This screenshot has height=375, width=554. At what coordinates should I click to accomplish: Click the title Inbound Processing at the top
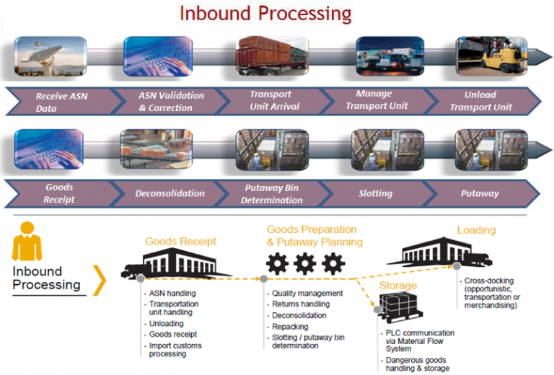pos(265,13)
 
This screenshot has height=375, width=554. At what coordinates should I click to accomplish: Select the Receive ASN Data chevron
pos(61,102)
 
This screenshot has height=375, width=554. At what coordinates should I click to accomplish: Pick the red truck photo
pos(272,56)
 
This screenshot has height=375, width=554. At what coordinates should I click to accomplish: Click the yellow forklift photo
pos(491,56)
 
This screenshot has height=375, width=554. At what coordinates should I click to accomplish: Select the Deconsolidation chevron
pos(170,193)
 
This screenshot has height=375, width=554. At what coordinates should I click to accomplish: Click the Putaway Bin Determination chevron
pos(272,193)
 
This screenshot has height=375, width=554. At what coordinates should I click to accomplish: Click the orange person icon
pos(27,242)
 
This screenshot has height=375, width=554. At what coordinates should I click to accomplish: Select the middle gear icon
pos(305,264)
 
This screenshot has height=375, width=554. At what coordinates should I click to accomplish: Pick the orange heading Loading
pos(476,230)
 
